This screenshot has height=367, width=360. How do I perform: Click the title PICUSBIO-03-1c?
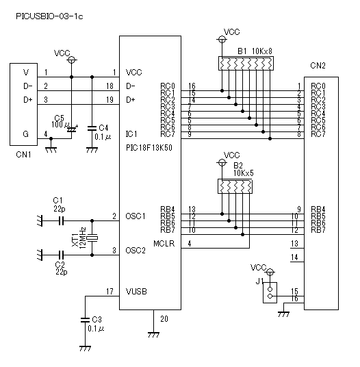(x=49, y=16)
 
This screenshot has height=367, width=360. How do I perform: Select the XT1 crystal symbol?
(x=92, y=238)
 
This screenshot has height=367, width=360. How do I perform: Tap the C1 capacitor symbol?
(x=61, y=220)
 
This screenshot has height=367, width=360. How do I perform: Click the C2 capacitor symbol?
(x=61, y=255)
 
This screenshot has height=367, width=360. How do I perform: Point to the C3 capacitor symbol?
(x=85, y=320)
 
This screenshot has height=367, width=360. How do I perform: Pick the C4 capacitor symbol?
(x=92, y=128)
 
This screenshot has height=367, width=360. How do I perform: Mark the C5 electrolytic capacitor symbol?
(x=72, y=129)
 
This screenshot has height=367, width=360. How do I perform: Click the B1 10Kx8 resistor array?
(x=246, y=63)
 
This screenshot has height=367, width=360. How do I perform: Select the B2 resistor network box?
(x=235, y=186)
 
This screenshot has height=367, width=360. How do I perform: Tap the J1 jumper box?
(x=270, y=292)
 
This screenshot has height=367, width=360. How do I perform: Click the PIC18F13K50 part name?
(x=149, y=148)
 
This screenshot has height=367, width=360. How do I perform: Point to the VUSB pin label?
(x=136, y=292)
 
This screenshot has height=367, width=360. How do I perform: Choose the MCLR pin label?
(x=164, y=244)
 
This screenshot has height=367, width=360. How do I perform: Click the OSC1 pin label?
(x=136, y=216)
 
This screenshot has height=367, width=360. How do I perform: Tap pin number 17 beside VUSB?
(x=110, y=292)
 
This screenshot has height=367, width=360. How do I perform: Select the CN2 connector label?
(x=318, y=66)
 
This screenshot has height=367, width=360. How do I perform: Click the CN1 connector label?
(x=23, y=155)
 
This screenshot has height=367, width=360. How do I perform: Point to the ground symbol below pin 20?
(x=154, y=335)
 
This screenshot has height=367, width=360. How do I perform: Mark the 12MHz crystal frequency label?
(x=83, y=238)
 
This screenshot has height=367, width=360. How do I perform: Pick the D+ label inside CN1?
(x=28, y=100)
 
